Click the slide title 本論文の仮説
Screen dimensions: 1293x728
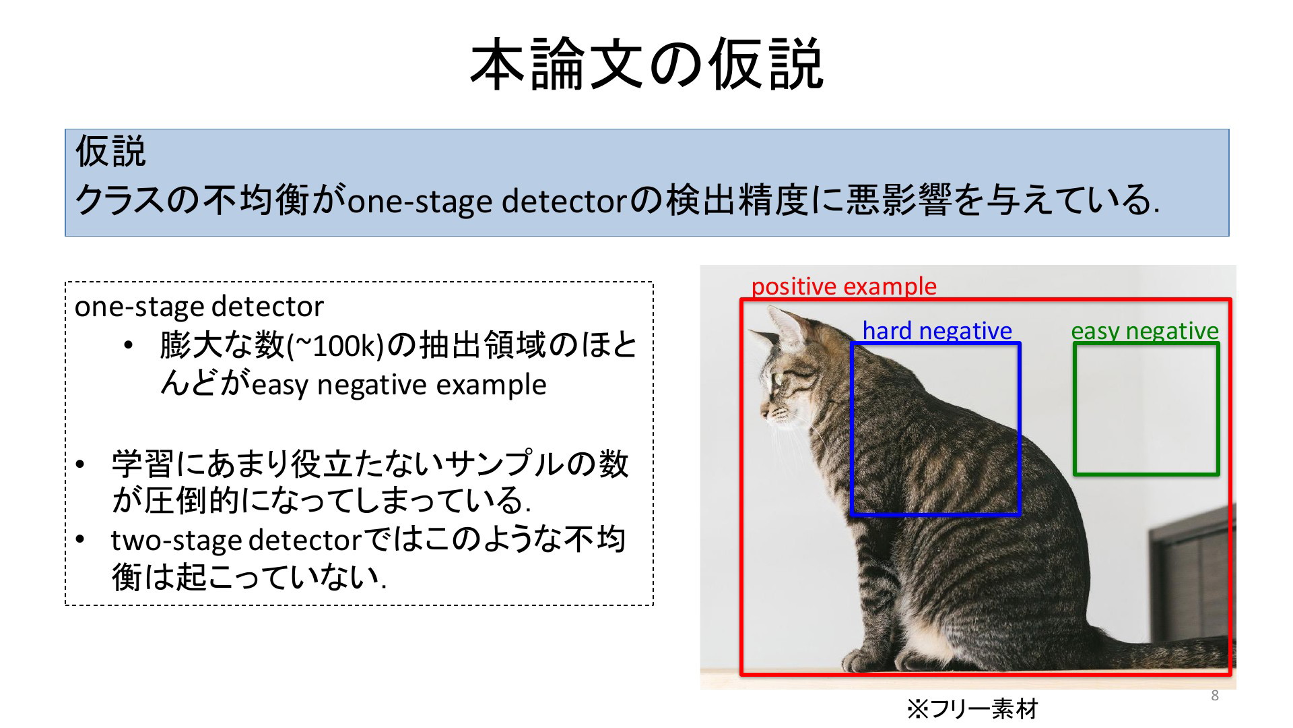[x=646, y=65]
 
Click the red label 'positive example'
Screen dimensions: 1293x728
[x=844, y=286]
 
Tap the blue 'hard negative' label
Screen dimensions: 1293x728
[x=937, y=331]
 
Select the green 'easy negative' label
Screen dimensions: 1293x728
[x=1145, y=331]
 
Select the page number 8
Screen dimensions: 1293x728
[x=1215, y=696]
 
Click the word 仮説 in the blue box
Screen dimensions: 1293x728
[x=110, y=151]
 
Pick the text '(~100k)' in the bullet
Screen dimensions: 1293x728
[x=335, y=346]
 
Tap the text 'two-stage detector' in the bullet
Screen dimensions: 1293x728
[x=237, y=541]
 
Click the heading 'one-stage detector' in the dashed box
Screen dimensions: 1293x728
[x=199, y=307]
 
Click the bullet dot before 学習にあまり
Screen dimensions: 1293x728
[x=81, y=464]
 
